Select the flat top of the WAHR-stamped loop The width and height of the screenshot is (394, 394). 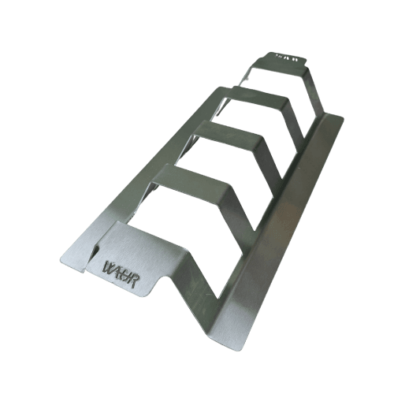138,248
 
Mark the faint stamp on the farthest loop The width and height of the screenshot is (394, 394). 281,56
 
